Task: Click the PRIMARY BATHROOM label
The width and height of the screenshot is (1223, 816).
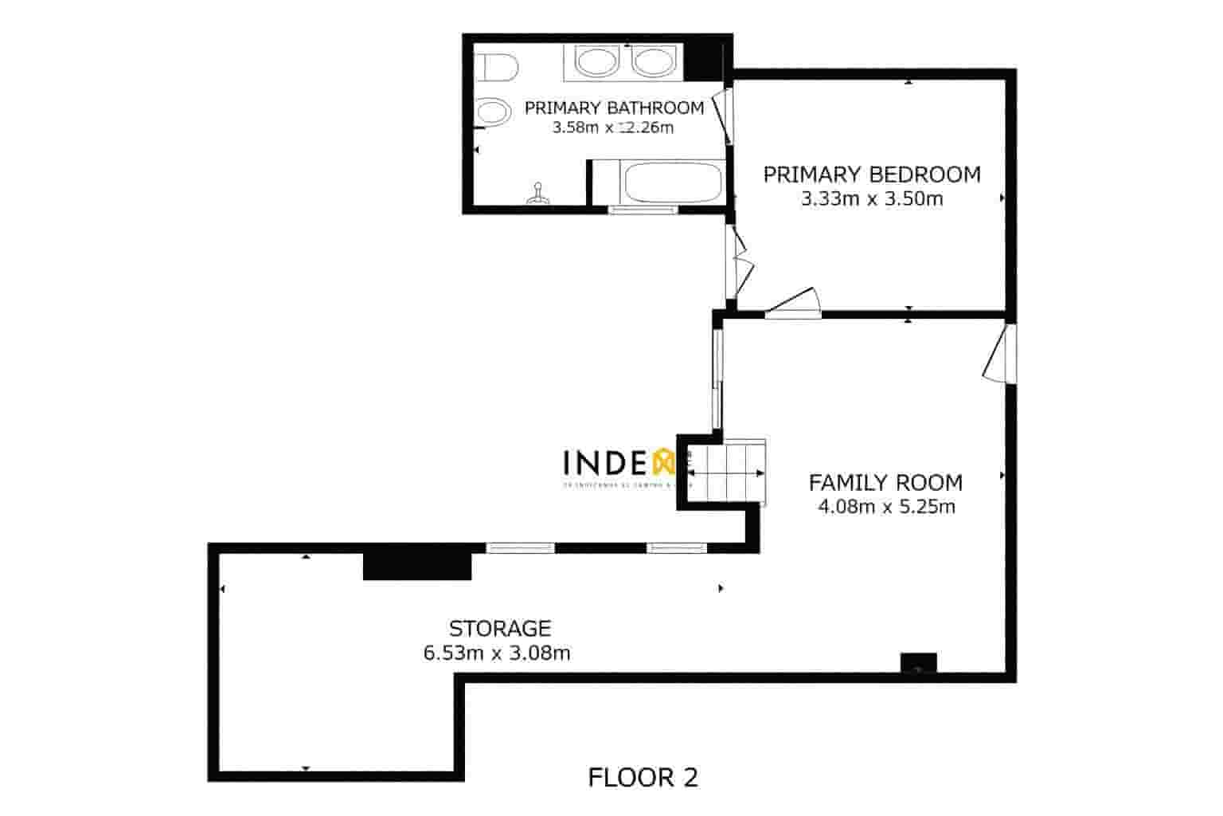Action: [x=614, y=108]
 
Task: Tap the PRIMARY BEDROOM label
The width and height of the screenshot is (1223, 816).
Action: [x=872, y=175]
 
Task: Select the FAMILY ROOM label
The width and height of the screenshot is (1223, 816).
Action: [x=885, y=483]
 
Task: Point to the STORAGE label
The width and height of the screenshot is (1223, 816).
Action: [x=500, y=628]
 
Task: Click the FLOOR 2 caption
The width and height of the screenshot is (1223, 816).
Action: [x=643, y=777]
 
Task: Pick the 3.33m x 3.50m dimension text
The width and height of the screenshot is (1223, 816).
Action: [x=872, y=199]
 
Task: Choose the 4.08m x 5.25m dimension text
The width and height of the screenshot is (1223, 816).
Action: [x=886, y=506]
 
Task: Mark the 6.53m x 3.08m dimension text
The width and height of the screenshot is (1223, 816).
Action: [x=497, y=653]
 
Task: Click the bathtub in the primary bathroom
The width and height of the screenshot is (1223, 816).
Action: [x=673, y=182]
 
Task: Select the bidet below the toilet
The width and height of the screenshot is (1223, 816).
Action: [x=491, y=112]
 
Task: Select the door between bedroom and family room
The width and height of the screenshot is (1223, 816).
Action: [x=793, y=305]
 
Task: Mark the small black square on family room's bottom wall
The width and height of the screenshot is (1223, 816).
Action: [x=918, y=663]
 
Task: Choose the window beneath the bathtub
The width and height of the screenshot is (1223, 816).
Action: [x=643, y=210]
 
